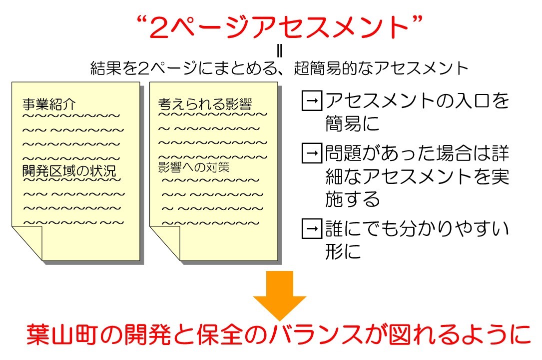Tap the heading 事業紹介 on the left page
49,104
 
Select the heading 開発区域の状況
69,171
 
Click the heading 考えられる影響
205,104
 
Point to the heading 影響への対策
194,167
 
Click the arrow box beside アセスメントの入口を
312,100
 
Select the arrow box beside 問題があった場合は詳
312,153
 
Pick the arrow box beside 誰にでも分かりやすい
312,228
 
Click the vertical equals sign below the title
280,51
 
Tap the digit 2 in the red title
159,27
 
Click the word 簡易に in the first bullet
353,123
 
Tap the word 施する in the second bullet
353,199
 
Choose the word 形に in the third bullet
343,251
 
